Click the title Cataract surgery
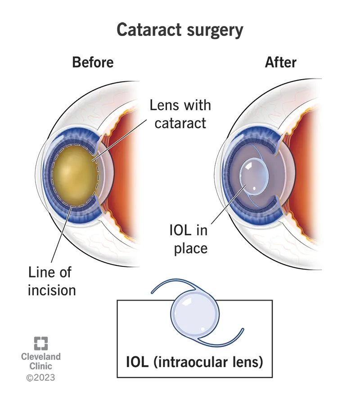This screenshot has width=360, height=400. [180, 30]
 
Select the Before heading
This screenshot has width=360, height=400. [93, 62]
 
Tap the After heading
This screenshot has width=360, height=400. [281, 62]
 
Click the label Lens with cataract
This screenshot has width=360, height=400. [180, 114]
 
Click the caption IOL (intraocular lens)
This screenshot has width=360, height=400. [194, 361]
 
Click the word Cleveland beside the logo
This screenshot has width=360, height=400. [40, 356]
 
